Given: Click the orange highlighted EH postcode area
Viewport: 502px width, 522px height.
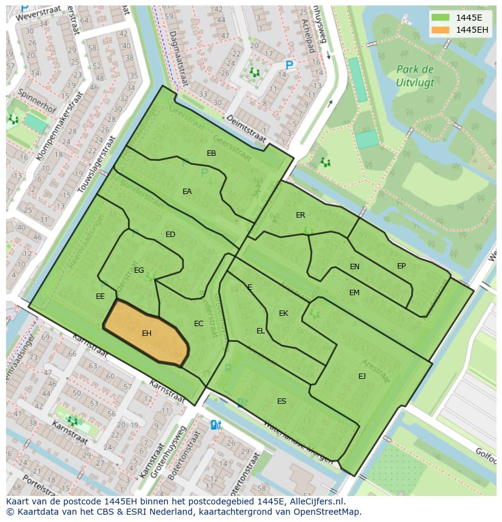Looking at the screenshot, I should click(x=146, y=334).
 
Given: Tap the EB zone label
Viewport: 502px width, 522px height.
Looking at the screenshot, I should click(x=211, y=153).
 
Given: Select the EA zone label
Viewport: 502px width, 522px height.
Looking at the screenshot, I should click(x=187, y=192).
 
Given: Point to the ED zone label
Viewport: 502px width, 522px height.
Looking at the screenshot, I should click(x=170, y=235).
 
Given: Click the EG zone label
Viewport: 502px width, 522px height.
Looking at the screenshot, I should click(x=139, y=270).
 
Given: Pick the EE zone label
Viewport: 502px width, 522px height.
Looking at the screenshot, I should click(x=100, y=296).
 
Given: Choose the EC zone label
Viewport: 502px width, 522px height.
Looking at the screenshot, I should click(x=198, y=324).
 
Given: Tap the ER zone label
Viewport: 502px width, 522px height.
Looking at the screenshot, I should click(x=300, y=215).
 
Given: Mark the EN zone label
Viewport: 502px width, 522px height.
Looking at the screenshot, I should click(x=355, y=267).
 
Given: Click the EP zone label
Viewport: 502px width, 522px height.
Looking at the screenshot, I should click(x=401, y=266).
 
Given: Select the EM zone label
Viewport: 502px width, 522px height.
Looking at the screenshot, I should click(x=354, y=293).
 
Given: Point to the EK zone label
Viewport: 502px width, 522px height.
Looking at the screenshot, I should click(x=283, y=313).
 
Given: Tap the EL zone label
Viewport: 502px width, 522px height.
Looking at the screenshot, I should click(x=261, y=331).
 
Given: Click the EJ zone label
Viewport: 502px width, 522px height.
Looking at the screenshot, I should click(x=362, y=376).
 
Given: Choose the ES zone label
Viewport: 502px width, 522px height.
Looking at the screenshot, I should click(x=281, y=401).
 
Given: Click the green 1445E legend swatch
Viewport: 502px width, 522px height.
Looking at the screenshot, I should click(x=440, y=18).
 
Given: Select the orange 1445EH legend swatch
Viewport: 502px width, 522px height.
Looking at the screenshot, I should click(x=440, y=30).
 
